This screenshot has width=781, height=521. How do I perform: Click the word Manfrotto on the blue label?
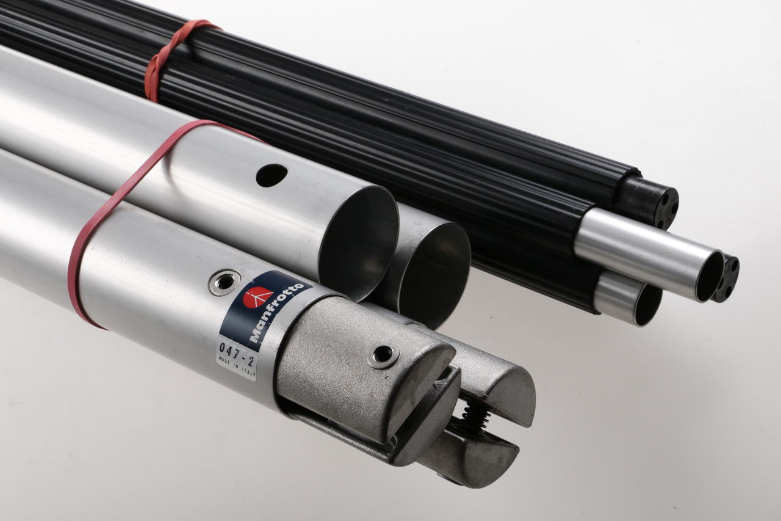pyautogui.click(x=277, y=312)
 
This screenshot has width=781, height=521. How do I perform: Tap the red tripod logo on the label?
pyautogui.click(x=258, y=297)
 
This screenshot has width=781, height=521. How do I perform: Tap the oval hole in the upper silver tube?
pyautogui.click(x=272, y=175)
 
